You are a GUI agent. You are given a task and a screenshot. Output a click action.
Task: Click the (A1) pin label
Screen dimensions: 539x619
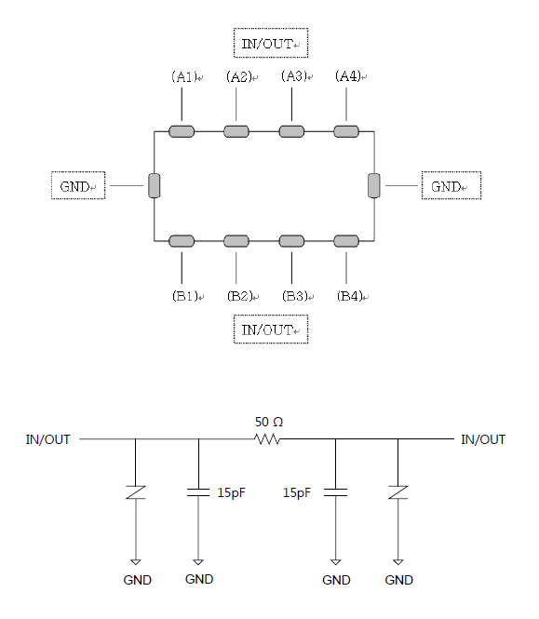184,76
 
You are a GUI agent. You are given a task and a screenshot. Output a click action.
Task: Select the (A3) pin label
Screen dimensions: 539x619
294,75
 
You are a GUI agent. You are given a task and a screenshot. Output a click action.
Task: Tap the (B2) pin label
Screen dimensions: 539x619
240,296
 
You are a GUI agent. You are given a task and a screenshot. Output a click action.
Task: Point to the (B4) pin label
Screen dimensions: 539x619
350,296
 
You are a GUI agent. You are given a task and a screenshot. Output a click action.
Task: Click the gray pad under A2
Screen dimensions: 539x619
236,131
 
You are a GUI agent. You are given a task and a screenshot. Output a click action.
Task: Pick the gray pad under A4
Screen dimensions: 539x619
346,131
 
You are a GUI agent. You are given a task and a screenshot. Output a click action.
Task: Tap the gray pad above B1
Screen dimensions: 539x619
182,241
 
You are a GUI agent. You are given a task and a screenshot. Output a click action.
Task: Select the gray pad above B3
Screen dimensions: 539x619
291,241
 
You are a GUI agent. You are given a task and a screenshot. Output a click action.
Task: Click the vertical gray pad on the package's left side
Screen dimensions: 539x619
155,185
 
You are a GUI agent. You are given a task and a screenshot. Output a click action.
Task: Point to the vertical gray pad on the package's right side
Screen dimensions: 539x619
374,185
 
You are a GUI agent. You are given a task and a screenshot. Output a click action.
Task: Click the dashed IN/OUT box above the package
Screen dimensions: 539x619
271,43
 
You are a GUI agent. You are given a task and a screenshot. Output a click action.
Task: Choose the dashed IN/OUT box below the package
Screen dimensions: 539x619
271,330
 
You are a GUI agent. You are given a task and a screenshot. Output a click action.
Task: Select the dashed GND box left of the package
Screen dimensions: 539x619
78,185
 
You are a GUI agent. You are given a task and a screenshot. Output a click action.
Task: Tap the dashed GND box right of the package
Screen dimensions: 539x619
451,185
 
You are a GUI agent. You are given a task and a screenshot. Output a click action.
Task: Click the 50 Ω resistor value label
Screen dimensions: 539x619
269,422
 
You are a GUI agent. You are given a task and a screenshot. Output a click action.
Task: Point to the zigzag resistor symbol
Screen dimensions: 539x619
267,439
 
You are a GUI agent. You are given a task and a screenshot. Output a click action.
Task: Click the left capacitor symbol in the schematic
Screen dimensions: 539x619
198,492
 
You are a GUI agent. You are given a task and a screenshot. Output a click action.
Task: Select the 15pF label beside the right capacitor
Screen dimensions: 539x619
297,492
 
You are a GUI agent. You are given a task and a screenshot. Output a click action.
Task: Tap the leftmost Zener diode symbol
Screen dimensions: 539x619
135,492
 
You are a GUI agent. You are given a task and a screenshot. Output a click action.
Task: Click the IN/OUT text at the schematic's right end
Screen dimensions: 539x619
483,439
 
